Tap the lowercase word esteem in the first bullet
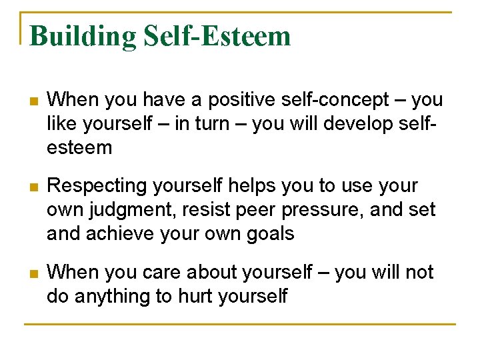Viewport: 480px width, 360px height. click(79, 147)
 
